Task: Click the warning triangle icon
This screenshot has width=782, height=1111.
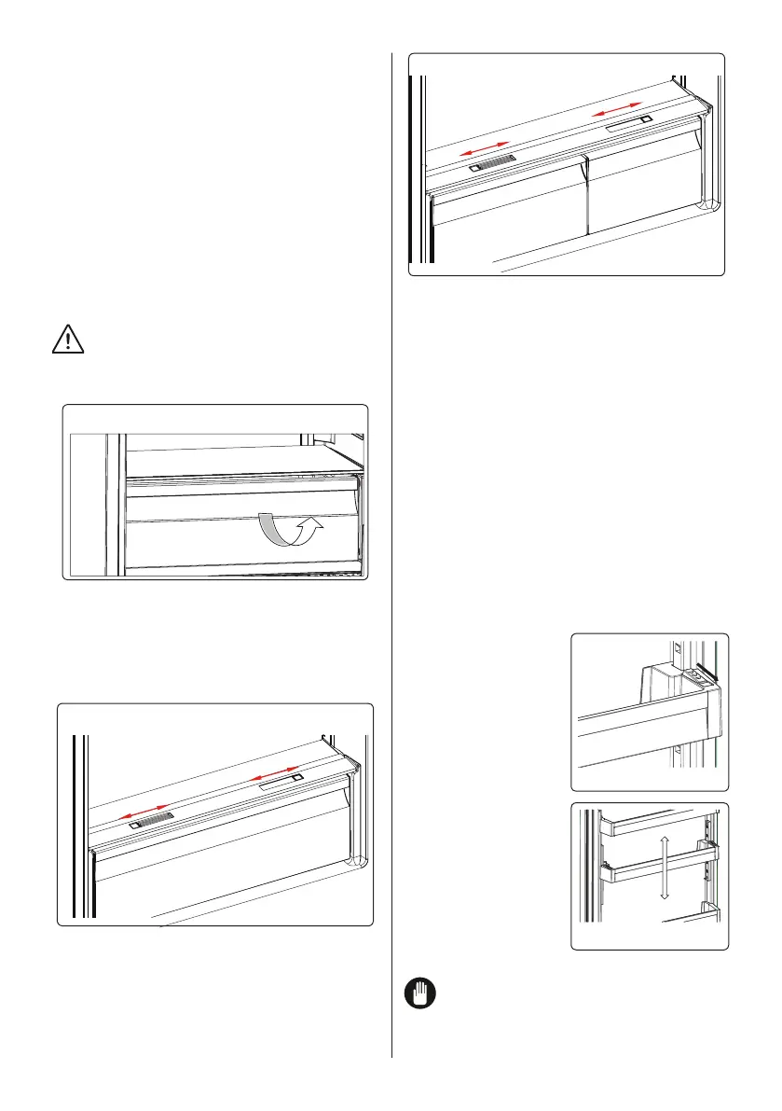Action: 68,340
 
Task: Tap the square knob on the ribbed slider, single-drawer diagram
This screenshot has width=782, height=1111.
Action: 135,825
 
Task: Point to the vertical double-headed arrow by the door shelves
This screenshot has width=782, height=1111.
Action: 663,868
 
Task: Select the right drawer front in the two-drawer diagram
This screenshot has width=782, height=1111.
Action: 643,191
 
